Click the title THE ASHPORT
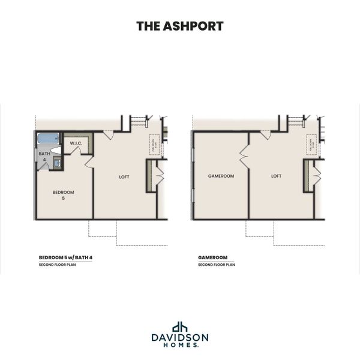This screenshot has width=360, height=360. click(180, 26)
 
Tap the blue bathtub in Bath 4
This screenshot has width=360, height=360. click(46, 139)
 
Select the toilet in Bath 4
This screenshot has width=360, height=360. click(55, 151)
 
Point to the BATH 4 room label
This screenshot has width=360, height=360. click(44, 156)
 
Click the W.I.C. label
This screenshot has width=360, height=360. click(76, 143)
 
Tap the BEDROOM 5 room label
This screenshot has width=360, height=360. click(63, 194)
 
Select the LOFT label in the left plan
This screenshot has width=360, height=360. click(124, 176)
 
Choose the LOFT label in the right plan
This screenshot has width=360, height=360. click(276, 176)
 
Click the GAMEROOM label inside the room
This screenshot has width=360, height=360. click(221, 176)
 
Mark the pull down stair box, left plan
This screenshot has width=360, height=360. click(154, 145)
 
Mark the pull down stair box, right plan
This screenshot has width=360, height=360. click(311, 145)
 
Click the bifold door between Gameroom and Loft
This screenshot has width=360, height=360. click(244, 157)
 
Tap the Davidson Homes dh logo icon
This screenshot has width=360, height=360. click(180, 327)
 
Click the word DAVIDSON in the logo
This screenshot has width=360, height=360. click(180, 338)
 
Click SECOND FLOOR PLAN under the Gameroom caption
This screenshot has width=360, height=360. click(217, 265)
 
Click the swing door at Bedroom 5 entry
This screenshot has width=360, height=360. click(89, 161)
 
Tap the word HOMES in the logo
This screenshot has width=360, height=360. click(179, 346)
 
